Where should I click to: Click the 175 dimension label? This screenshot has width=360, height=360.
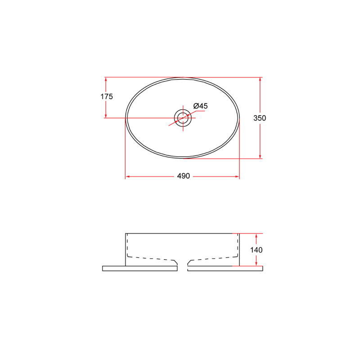click(x=107, y=96)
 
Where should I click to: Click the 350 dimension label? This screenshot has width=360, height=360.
click(x=260, y=118)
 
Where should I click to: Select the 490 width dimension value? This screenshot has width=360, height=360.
click(x=184, y=176)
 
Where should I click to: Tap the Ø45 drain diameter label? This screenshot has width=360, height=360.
click(x=200, y=106)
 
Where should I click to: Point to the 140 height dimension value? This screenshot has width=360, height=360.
click(x=256, y=250)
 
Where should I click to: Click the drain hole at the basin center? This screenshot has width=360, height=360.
click(x=183, y=118)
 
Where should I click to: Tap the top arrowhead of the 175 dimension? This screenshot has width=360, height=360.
click(x=106, y=80)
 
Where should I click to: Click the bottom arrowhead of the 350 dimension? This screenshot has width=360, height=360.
click(x=260, y=156)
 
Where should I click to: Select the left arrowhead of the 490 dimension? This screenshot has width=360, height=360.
click(x=128, y=176)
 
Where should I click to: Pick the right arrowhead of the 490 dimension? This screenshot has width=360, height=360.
click(x=237, y=176)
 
